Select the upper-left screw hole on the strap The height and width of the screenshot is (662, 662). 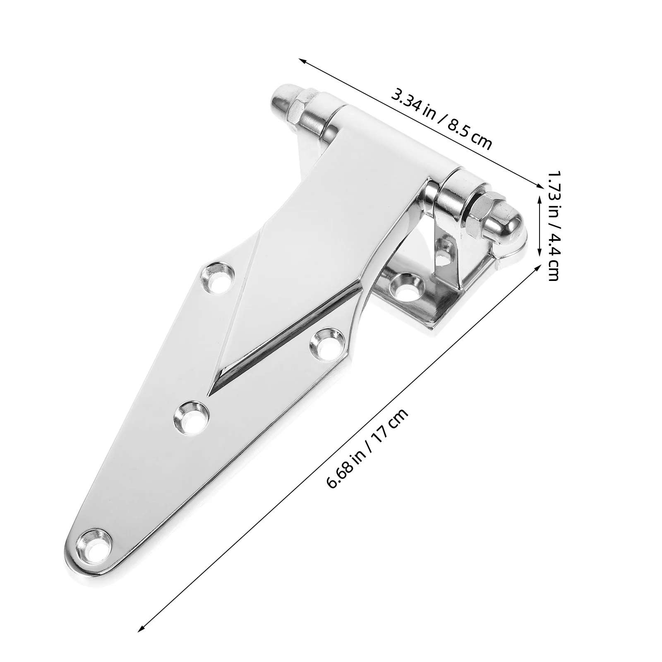[x=218, y=276]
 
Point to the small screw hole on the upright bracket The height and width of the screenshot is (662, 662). [x=445, y=250]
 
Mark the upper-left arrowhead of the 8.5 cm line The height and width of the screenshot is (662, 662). [x=302, y=61]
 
